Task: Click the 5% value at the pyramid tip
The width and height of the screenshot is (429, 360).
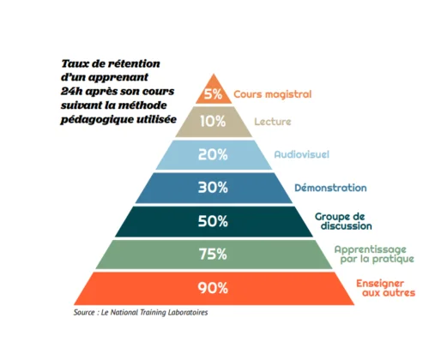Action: [x=213, y=93]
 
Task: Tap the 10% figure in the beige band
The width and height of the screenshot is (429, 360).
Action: [x=213, y=121]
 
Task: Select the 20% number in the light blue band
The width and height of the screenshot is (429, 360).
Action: [x=213, y=154]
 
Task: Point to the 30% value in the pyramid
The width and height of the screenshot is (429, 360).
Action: [x=213, y=188]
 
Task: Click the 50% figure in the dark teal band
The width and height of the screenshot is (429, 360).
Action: [x=213, y=221]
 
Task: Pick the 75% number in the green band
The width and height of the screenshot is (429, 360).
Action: [x=213, y=254]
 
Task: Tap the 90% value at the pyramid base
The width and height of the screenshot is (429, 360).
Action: [x=213, y=288]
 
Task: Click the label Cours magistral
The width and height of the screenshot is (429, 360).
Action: [x=273, y=94]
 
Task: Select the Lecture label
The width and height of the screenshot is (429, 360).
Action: [x=273, y=122]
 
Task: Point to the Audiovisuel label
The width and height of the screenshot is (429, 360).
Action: [x=302, y=154]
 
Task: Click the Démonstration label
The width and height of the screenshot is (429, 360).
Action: [x=330, y=188]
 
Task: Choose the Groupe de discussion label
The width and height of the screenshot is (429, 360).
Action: [x=343, y=221]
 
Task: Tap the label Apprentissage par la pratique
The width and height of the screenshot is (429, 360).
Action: [x=374, y=254]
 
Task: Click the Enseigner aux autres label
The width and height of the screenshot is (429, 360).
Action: [x=385, y=288]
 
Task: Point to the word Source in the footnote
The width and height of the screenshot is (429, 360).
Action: [x=84, y=312]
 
